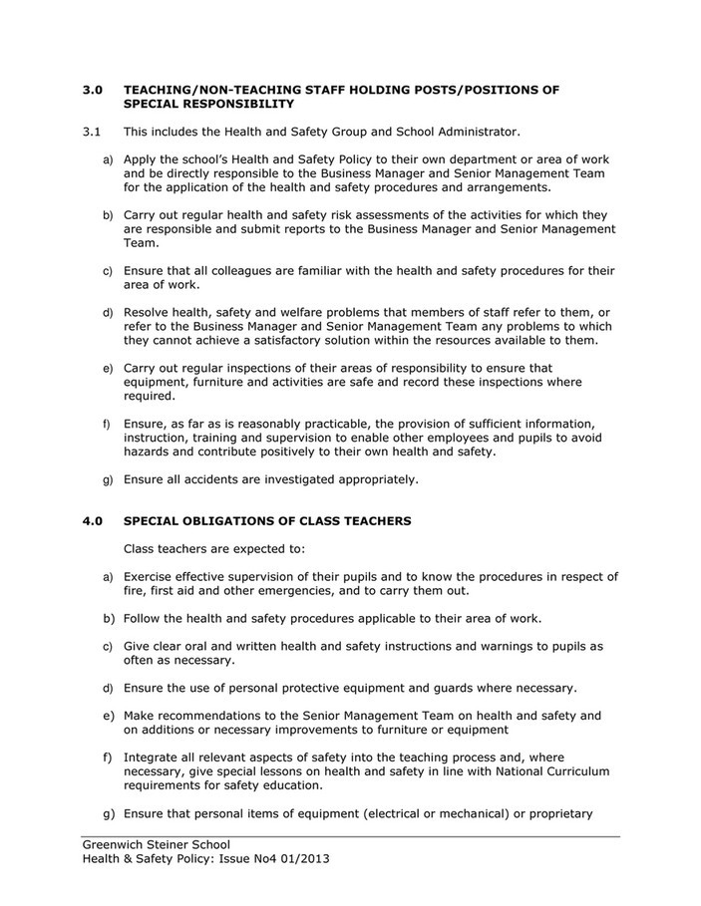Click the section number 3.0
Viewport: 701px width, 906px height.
(92, 89)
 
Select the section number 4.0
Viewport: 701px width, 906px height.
(92, 520)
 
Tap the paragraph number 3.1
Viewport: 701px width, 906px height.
(91, 131)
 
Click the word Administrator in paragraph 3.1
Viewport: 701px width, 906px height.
(476, 131)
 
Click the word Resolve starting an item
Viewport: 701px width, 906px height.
(148, 312)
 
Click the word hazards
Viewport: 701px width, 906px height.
(149, 451)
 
